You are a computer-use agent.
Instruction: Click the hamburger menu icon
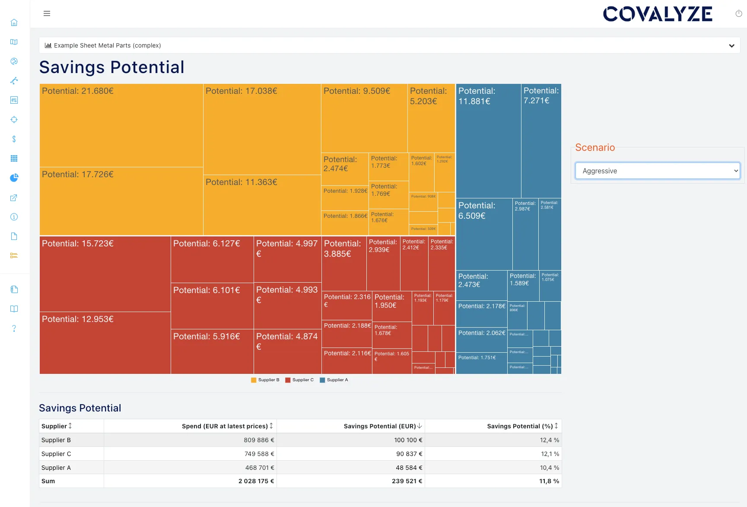(x=47, y=13)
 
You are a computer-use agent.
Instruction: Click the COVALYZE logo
(x=657, y=14)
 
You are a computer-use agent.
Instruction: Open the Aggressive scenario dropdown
(x=657, y=171)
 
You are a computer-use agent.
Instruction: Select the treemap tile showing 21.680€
(x=121, y=125)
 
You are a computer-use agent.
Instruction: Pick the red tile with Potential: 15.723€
(x=105, y=274)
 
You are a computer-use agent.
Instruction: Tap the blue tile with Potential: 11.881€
(x=488, y=140)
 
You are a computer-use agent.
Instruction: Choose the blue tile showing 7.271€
(x=541, y=140)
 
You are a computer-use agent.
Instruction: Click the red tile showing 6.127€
(x=212, y=259)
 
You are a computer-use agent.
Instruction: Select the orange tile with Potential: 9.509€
(x=364, y=118)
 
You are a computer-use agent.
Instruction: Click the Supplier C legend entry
(x=299, y=380)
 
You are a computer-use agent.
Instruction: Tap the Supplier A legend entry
(x=334, y=380)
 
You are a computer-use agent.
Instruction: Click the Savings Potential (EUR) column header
(x=380, y=426)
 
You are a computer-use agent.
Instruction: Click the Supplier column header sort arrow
(x=70, y=426)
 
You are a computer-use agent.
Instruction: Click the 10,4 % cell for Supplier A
(x=549, y=468)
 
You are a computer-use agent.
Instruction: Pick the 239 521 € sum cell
(x=407, y=481)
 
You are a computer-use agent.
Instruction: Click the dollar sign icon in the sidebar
(x=14, y=139)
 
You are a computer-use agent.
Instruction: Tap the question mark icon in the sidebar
(x=14, y=328)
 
